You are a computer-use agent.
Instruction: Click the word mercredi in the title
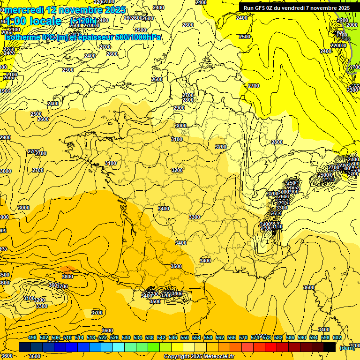pos(23,10)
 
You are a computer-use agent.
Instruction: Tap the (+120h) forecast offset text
pos(83,21)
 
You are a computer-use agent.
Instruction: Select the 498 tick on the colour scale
pos(32,337)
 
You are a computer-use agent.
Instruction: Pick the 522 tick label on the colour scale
pos(103,337)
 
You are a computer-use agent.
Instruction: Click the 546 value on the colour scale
pos(173,337)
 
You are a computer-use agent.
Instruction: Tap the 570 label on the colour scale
pos(243,337)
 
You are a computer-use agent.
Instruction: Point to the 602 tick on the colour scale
pos(337,337)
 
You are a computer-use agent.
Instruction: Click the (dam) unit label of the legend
pos(347,348)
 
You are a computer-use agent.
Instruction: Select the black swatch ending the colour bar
pos(330,347)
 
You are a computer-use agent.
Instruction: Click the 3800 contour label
pos(67,277)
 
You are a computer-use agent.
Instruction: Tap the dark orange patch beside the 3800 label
pos(67,270)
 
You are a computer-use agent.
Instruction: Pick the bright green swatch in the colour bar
pos(154,347)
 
